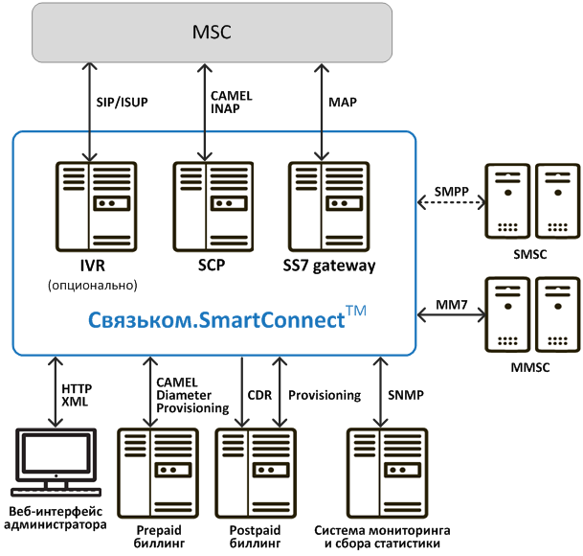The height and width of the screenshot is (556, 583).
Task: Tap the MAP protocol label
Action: pos(342,102)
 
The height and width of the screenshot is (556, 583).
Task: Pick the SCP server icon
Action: pos(206,204)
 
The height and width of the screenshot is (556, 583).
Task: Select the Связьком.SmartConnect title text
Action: pos(217,319)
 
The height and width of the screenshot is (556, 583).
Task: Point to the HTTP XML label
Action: pos(76,396)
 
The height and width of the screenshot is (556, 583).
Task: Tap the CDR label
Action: pos(259,394)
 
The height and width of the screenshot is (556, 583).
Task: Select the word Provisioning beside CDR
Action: pos(324,394)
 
